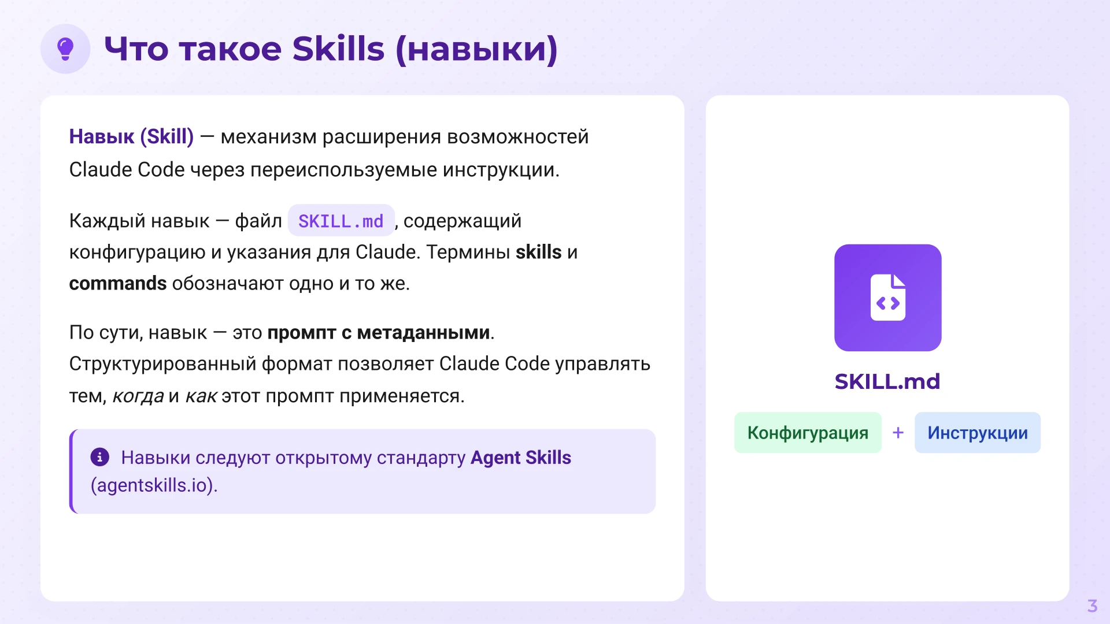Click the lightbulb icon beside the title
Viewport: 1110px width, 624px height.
pos(65,49)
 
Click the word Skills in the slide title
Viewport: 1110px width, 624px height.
pos(338,49)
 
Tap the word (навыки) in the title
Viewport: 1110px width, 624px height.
pos(477,50)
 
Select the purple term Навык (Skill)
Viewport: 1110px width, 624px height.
pos(131,137)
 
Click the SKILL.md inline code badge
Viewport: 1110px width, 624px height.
pos(341,221)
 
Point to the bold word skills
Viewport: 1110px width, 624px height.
pos(538,252)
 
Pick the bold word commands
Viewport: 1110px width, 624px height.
pos(118,284)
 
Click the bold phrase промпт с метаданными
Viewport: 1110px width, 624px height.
pos(379,333)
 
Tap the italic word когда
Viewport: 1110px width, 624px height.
pos(138,396)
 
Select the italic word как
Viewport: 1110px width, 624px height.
pos(201,396)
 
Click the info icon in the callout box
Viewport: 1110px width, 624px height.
pos(100,457)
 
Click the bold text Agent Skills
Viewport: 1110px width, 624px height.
pos(521,458)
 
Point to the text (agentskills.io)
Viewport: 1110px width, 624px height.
pos(154,485)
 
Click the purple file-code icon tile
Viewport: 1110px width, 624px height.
pos(887,298)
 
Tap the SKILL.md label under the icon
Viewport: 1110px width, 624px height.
pos(887,381)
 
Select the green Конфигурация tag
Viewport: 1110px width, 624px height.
pos(808,433)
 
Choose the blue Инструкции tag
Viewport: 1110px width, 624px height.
pos(978,433)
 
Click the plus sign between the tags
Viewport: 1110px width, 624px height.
pos(898,433)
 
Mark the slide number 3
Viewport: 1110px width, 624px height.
pos(1092,606)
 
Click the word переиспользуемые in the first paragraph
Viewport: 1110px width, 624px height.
pos(344,170)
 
